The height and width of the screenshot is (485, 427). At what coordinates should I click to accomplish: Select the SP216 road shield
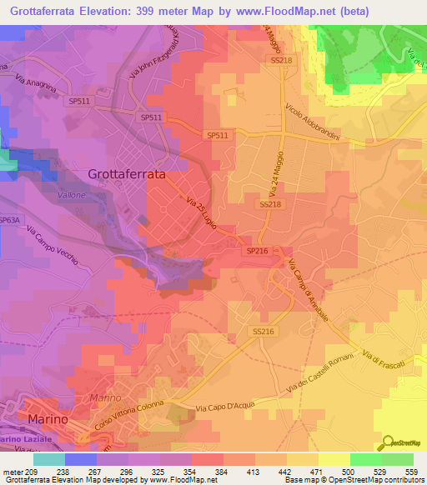255,250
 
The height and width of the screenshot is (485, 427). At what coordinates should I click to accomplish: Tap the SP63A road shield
9,220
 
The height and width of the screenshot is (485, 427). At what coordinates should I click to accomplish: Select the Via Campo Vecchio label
56,248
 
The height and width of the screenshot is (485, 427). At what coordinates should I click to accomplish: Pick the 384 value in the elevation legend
211,471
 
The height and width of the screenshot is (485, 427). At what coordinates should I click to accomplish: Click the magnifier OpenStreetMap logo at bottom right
389,442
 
